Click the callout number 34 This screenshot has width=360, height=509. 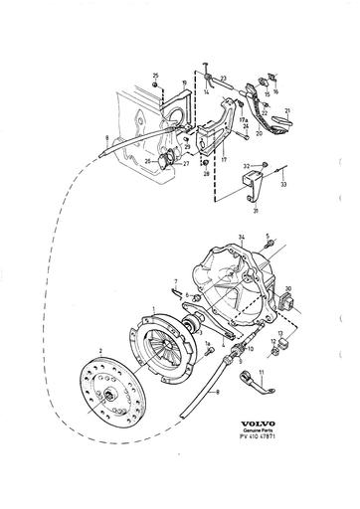241,237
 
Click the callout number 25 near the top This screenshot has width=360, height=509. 156,76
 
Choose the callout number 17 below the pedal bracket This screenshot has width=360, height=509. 224,157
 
